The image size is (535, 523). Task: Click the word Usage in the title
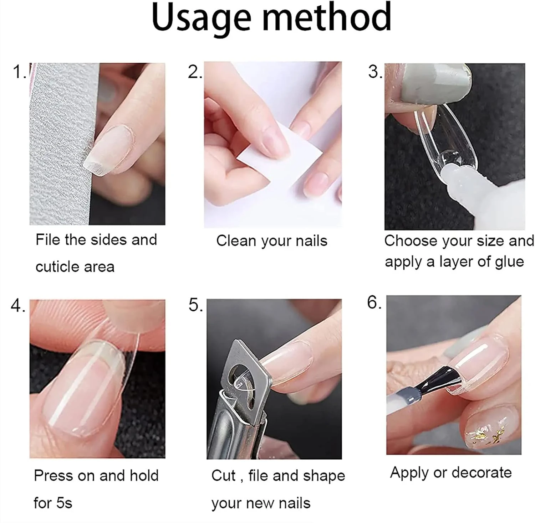(202, 18)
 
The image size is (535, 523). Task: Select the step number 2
(195, 72)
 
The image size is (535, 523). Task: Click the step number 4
(18, 306)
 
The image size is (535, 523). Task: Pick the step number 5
(195, 305)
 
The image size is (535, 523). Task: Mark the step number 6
(374, 302)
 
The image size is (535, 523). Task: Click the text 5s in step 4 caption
(64, 503)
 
